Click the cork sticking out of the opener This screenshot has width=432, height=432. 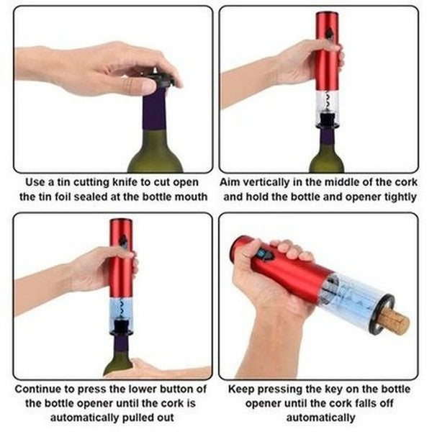(397, 321)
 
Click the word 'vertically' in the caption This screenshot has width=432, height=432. (264, 182)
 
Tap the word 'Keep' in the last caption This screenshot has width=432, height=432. (241, 390)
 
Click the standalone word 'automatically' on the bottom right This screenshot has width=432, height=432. (318, 418)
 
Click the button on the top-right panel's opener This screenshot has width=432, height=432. (328, 32)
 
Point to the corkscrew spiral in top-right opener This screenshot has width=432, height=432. (328, 99)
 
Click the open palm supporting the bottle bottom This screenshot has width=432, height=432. (155, 370)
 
